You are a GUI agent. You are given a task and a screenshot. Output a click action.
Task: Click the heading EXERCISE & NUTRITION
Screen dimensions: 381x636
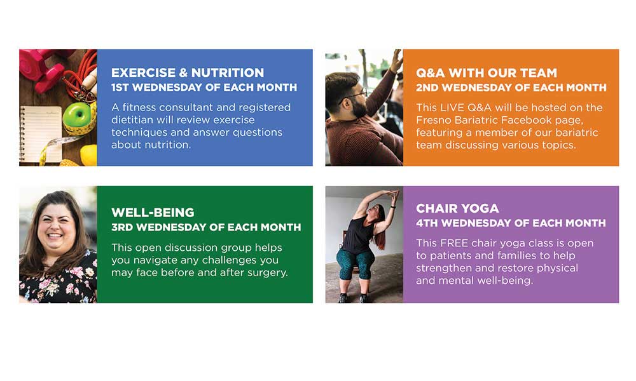point(187,72)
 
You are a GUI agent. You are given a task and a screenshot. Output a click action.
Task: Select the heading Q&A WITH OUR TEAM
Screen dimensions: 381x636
point(486,72)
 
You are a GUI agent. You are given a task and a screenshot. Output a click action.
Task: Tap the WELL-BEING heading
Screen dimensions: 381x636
point(153,212)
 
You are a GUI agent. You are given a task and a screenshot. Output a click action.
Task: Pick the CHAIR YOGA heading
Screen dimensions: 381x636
point(457,208)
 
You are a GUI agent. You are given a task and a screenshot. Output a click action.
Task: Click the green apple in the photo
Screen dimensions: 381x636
point(76,116)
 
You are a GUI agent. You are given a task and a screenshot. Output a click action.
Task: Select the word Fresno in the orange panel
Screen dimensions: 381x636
point(434,120)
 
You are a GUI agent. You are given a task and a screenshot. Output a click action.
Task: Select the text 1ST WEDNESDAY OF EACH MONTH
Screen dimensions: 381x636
point(204,88)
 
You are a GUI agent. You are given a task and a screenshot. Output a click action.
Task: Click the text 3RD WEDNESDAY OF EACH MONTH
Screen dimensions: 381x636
point(205,227)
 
